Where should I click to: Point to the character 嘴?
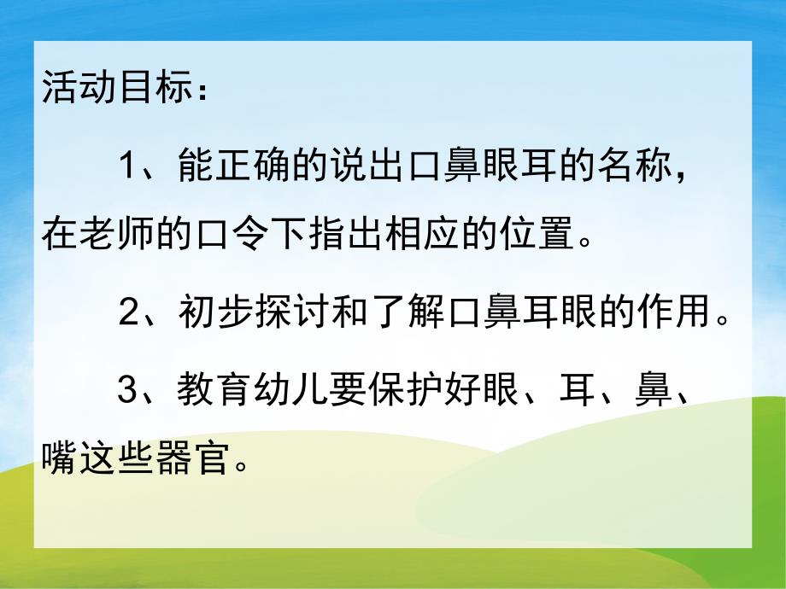(x=59, y=460)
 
